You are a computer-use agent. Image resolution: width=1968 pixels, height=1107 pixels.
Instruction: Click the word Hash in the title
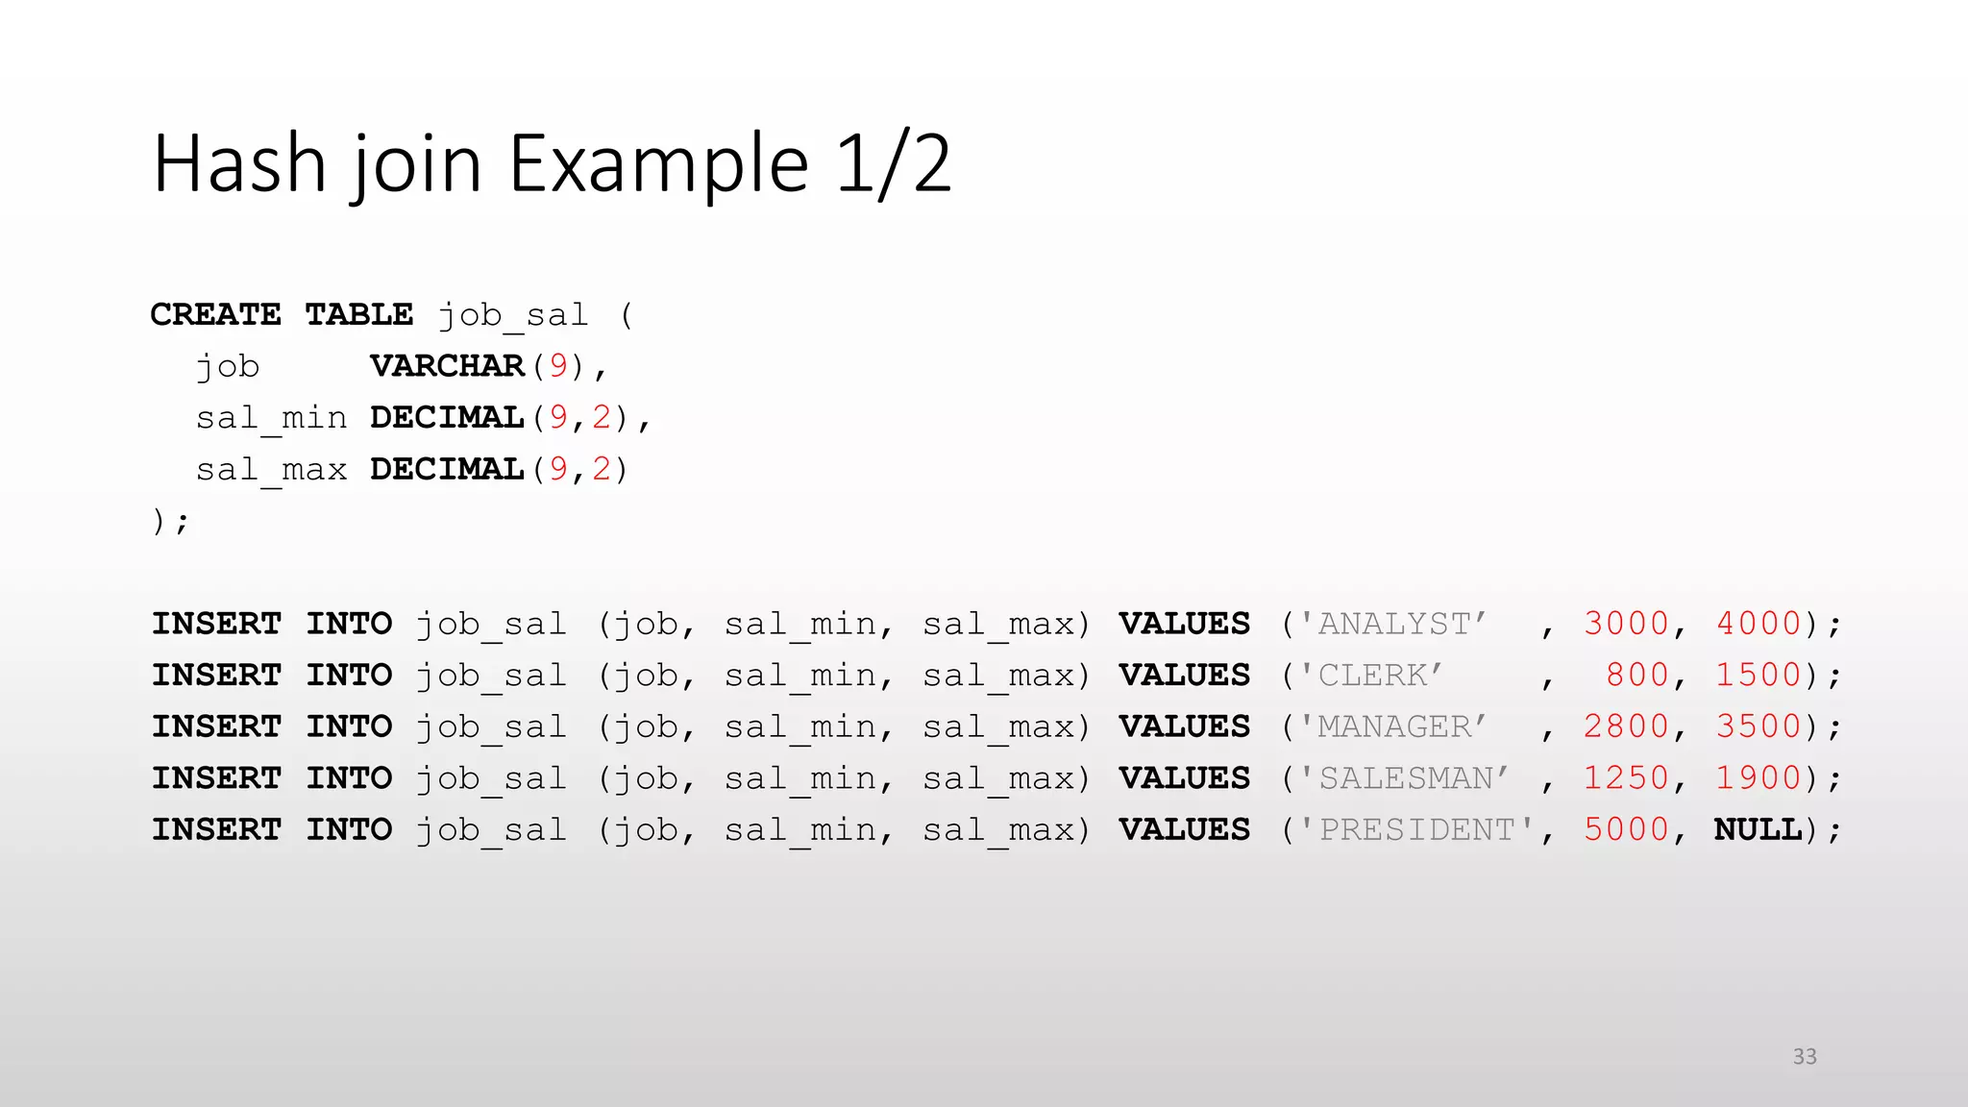[x=240, y=164]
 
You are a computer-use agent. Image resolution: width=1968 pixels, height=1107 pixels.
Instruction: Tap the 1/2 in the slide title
[x=894, y=164]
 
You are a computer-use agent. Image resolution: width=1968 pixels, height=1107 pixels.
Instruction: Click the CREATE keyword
[x=216, y=314]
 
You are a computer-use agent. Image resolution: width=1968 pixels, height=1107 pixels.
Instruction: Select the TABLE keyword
[x=359, y=314]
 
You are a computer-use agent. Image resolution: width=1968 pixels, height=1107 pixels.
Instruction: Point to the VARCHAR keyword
[x=447, y=366]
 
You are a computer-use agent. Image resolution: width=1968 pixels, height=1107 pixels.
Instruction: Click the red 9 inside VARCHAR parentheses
[x=558, y=366]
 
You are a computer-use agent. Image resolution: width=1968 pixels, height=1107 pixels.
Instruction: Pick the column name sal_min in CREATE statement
[x=271, y=418]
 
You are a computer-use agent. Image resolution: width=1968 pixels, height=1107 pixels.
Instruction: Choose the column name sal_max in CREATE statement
[x=271, y=470]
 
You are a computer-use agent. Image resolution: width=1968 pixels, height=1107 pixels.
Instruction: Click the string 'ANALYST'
[x=1393, y=624]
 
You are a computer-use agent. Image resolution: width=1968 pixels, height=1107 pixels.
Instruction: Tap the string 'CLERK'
[x=1371, y=676]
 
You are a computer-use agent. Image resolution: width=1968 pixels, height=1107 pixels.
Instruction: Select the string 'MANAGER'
[x=1393, y=726]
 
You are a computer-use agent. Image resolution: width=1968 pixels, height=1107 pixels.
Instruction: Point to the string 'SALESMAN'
[x=1405, y=778]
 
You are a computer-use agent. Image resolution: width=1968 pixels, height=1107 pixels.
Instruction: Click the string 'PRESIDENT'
[x=1416, y=829]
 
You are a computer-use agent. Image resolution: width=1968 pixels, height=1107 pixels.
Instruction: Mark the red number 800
[x=1637, y=676]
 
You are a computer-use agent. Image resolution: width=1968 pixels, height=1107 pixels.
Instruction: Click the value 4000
[x=1759, y=624]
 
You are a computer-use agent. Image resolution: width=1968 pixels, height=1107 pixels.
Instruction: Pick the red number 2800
[x=1626, y=726]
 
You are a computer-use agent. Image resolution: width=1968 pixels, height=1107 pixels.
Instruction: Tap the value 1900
[x=1759, y=778]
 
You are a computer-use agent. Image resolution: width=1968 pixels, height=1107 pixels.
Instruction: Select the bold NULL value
[x=1759, y=829]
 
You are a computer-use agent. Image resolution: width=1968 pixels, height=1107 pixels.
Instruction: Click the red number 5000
[x=1626, y=829]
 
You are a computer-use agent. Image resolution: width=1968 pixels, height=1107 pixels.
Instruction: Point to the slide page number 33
[x=1805, y=1057]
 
